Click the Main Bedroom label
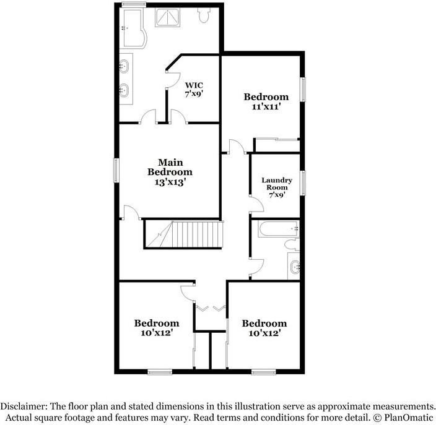click(x=169, y=166)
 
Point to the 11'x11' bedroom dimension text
click(x=266, y=106)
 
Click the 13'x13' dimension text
click(x=169, y=182)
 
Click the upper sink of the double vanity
click(x=124, y=64)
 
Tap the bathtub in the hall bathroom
click(x=277, y=230)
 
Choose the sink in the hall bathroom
click(x=295, y=268)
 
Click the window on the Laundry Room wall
click(x=303, y=183)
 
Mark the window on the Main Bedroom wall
click(x=116, y=170)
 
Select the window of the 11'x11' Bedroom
click(x=303, y=90)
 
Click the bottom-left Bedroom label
click(x=157, y=323)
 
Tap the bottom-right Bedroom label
click(x=264, y=323)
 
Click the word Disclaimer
click(x=24, y=406)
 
